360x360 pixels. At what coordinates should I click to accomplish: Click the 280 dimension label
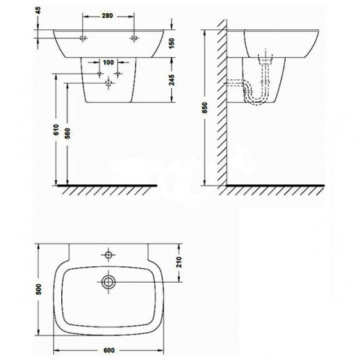click(x=107, y=16)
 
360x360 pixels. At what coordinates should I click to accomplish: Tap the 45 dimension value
click(x=38, y=10)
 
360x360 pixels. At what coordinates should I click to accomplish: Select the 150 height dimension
click(x=172, y=43)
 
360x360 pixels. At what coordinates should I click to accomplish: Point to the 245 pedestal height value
click(x=172, y=80)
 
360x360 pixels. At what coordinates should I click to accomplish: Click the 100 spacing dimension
click(x=108, y=63)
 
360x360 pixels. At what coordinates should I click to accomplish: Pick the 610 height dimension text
click(x=56, y=130)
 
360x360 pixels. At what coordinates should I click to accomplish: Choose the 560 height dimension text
click(x=67, y=133)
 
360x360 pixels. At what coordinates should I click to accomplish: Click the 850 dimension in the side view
click(x=205, y=108)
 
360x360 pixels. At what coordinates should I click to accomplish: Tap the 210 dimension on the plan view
click(x=179, y=262)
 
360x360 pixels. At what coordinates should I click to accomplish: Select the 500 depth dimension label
click(x=39, y=289)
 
